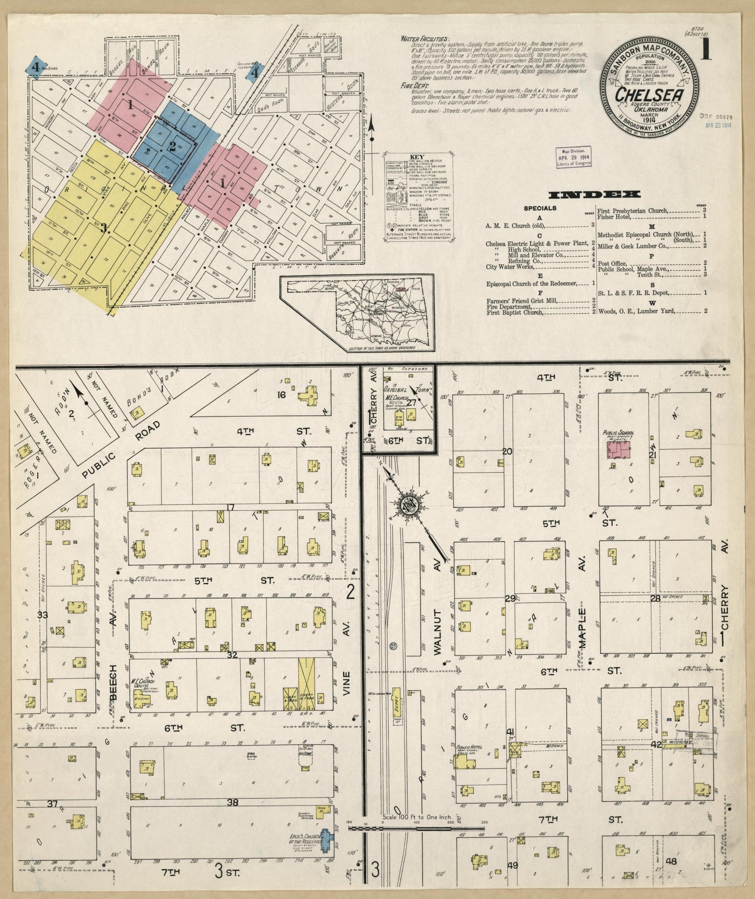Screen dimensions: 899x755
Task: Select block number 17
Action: click(230, 506)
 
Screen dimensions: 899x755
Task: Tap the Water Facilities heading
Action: click(424, 39)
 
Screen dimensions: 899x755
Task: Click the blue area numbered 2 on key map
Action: click(172, 147)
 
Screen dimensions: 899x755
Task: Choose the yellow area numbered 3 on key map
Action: click(104, 227)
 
